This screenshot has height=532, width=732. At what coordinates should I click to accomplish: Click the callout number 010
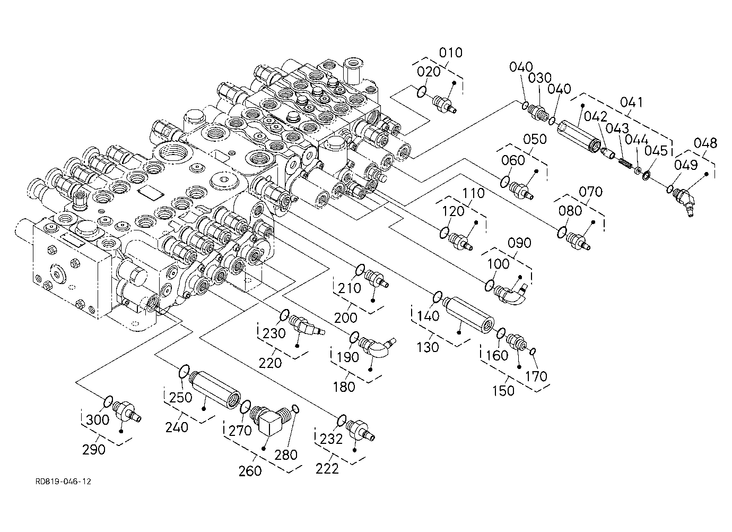click(x=451, y=53)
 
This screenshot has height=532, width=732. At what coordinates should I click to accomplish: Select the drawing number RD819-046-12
click(x=64, y=482)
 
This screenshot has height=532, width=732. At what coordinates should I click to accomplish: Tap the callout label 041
click(x=631, y=102)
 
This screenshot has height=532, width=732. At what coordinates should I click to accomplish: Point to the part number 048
click(x=705, y=143)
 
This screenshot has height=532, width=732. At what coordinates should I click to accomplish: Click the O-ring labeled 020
click(x=422, y=92)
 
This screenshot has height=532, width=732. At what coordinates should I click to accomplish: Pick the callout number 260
click(x=250, y=471)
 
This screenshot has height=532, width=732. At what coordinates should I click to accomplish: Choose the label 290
click(x=94, y=450)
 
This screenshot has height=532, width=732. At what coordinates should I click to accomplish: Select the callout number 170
click(x=536, y=376)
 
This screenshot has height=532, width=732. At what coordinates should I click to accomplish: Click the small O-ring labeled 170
click(x=533, y=351)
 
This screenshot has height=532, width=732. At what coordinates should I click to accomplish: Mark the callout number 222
click(x=327, y=469)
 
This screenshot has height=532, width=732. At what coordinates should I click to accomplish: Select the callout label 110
click(x=474, y=193)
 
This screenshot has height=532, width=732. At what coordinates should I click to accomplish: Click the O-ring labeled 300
click(x=109, y=401)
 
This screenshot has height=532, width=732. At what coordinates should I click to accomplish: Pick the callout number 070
click(x=590, y=192)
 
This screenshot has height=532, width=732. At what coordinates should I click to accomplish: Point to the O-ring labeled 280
click(x=295, y=409)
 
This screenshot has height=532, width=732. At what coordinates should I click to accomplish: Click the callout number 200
click(x=346, y=318)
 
